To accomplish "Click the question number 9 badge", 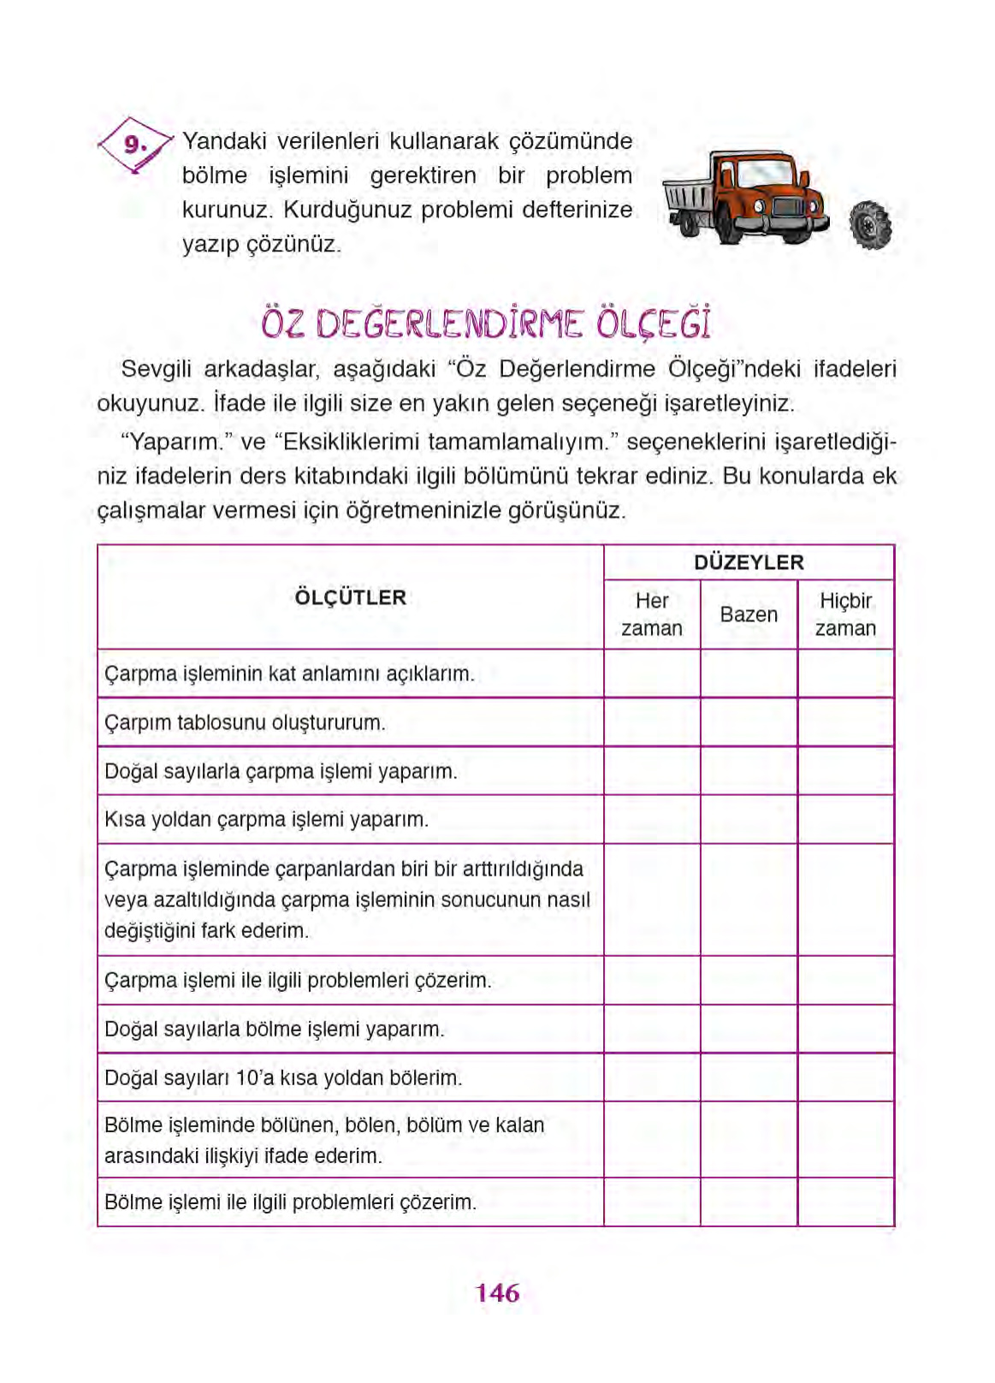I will click(x=134, y=144).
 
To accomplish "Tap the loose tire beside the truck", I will click(x=870, y=225).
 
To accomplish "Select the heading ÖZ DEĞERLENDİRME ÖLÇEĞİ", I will click(x=486, y=324).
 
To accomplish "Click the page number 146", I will click(x=497, y=1292).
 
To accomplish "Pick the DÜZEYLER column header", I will click(x=749, y=562).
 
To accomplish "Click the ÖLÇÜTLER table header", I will click(x=350, y=597).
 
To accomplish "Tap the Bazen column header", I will click(x=749, y=614).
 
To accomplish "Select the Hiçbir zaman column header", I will click(x=845, y=614).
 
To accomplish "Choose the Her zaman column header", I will click(x=652, y=614).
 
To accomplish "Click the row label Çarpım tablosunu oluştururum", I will click(x=246, y=722).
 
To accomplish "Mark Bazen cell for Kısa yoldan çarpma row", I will click(x=749, y=819).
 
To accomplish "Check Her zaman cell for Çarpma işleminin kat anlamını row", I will click(x=652, y=674).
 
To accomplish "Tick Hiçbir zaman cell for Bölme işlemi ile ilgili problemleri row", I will click(x=845, y=1202).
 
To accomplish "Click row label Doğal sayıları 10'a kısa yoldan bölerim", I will click(x=283, y=1077).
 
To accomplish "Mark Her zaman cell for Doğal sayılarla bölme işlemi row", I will click(x=652, y=1029).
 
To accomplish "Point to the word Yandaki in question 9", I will click(x=224, y=141).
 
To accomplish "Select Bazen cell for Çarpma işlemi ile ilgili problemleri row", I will click(x=749, y=980).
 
